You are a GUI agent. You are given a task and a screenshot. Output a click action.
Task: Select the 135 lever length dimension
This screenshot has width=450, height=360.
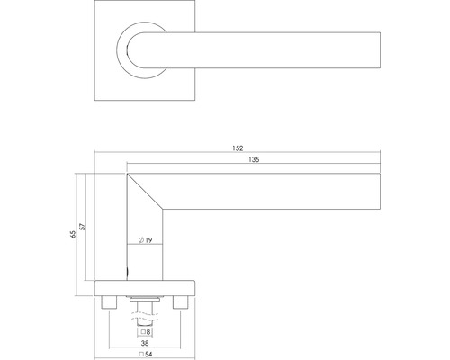tap(254, 159)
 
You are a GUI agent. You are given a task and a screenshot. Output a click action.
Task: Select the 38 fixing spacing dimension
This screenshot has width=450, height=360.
tap(144, 342)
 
